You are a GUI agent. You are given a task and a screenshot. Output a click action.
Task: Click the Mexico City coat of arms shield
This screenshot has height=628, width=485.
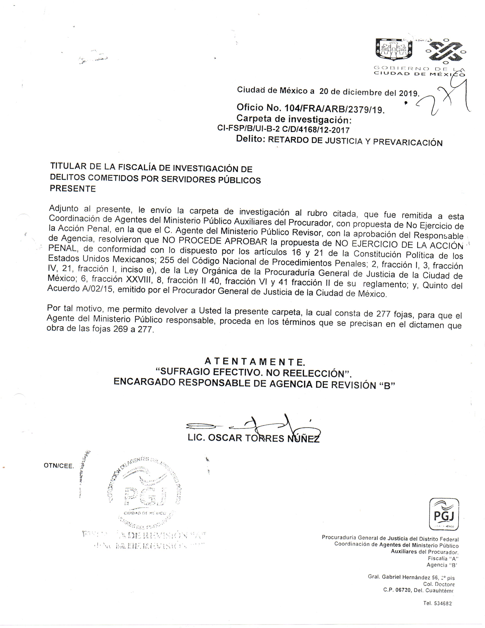[x=394, y=49]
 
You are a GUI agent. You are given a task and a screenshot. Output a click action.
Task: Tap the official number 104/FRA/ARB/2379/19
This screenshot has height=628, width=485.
[x=334, y=109]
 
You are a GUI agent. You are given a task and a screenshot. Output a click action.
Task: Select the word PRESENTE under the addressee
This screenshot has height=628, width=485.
[x=73, y=189]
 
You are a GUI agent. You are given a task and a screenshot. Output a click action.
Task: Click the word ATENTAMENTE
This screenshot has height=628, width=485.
[x=254, y=361]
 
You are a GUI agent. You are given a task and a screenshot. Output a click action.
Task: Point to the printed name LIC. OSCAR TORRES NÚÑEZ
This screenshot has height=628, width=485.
[x=253, y=438]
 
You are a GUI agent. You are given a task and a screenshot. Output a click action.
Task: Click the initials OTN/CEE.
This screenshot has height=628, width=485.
[x=59, y=466]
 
